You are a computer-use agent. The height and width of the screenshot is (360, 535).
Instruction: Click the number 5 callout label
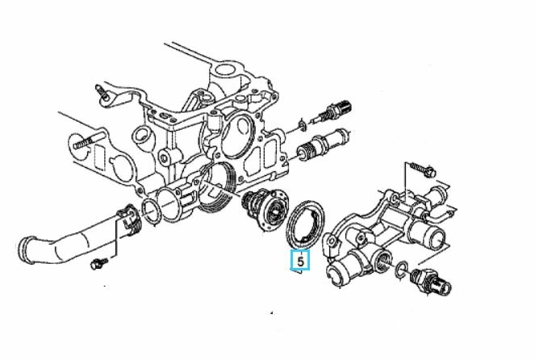(x=300, y=260)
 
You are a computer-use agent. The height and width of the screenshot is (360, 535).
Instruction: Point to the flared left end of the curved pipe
(x=27, y=249)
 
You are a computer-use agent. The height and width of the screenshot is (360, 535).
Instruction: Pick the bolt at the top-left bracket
(x=102, y=93)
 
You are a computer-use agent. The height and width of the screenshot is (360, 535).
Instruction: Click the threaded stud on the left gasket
(x=88, y=140)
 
